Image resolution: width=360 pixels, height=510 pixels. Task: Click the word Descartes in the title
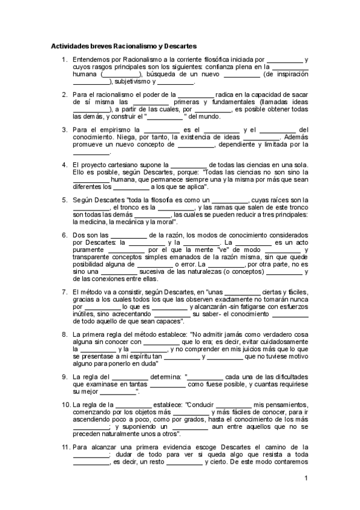(x=178, y=46)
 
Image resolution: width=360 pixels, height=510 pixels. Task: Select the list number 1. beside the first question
(x=64, y=60)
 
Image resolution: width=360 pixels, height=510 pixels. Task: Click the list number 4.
(x=64, y=164)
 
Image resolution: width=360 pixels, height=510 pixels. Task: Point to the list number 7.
(x=64, y=292)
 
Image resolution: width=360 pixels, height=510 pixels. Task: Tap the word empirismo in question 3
(x=114, y=129)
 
